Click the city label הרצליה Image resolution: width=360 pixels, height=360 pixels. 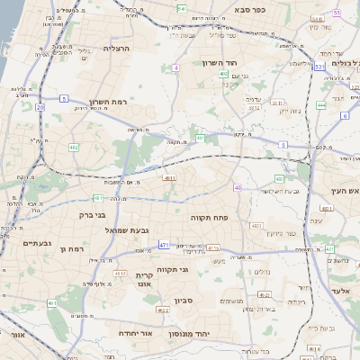[x=117, y=49]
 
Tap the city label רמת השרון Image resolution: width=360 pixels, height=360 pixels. [x=110, y=103]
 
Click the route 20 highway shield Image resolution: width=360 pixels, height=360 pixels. [x=40, y=107]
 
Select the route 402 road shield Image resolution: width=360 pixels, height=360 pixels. [x=223, y=74]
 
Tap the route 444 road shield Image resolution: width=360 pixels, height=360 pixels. [x=321, y=104]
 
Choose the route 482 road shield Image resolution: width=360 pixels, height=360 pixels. [x=73, y=147]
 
